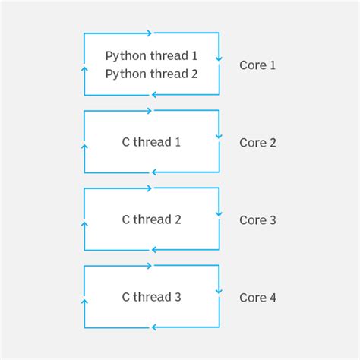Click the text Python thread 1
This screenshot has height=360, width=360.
[151, 56]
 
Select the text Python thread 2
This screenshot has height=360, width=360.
[151, 74]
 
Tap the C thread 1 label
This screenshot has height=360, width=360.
[151, 142]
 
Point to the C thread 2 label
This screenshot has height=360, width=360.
[151, 219]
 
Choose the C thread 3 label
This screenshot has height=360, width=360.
[151, 297]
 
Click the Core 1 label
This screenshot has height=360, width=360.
[257, 65]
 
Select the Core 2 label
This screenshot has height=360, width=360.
[257, 143]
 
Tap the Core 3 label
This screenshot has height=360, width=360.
[257, 220]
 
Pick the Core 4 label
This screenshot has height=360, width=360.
[257, 298]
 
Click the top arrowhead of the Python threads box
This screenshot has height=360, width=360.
[150, 33]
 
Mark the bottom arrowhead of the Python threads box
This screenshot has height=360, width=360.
[154, 95]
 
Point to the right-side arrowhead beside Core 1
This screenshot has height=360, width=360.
[219, 59]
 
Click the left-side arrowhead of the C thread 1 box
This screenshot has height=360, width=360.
[85, 147]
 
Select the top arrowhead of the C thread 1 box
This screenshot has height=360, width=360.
[150, 111]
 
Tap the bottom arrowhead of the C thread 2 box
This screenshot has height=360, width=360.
[154, 250]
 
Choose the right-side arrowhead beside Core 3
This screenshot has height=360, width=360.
[219, 214]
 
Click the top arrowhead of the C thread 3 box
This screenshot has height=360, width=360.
[150, 266]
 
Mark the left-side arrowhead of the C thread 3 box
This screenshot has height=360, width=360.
[85, 302]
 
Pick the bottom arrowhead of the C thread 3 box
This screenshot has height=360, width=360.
[154, 327]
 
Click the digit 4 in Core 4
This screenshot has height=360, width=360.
[273, 298]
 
